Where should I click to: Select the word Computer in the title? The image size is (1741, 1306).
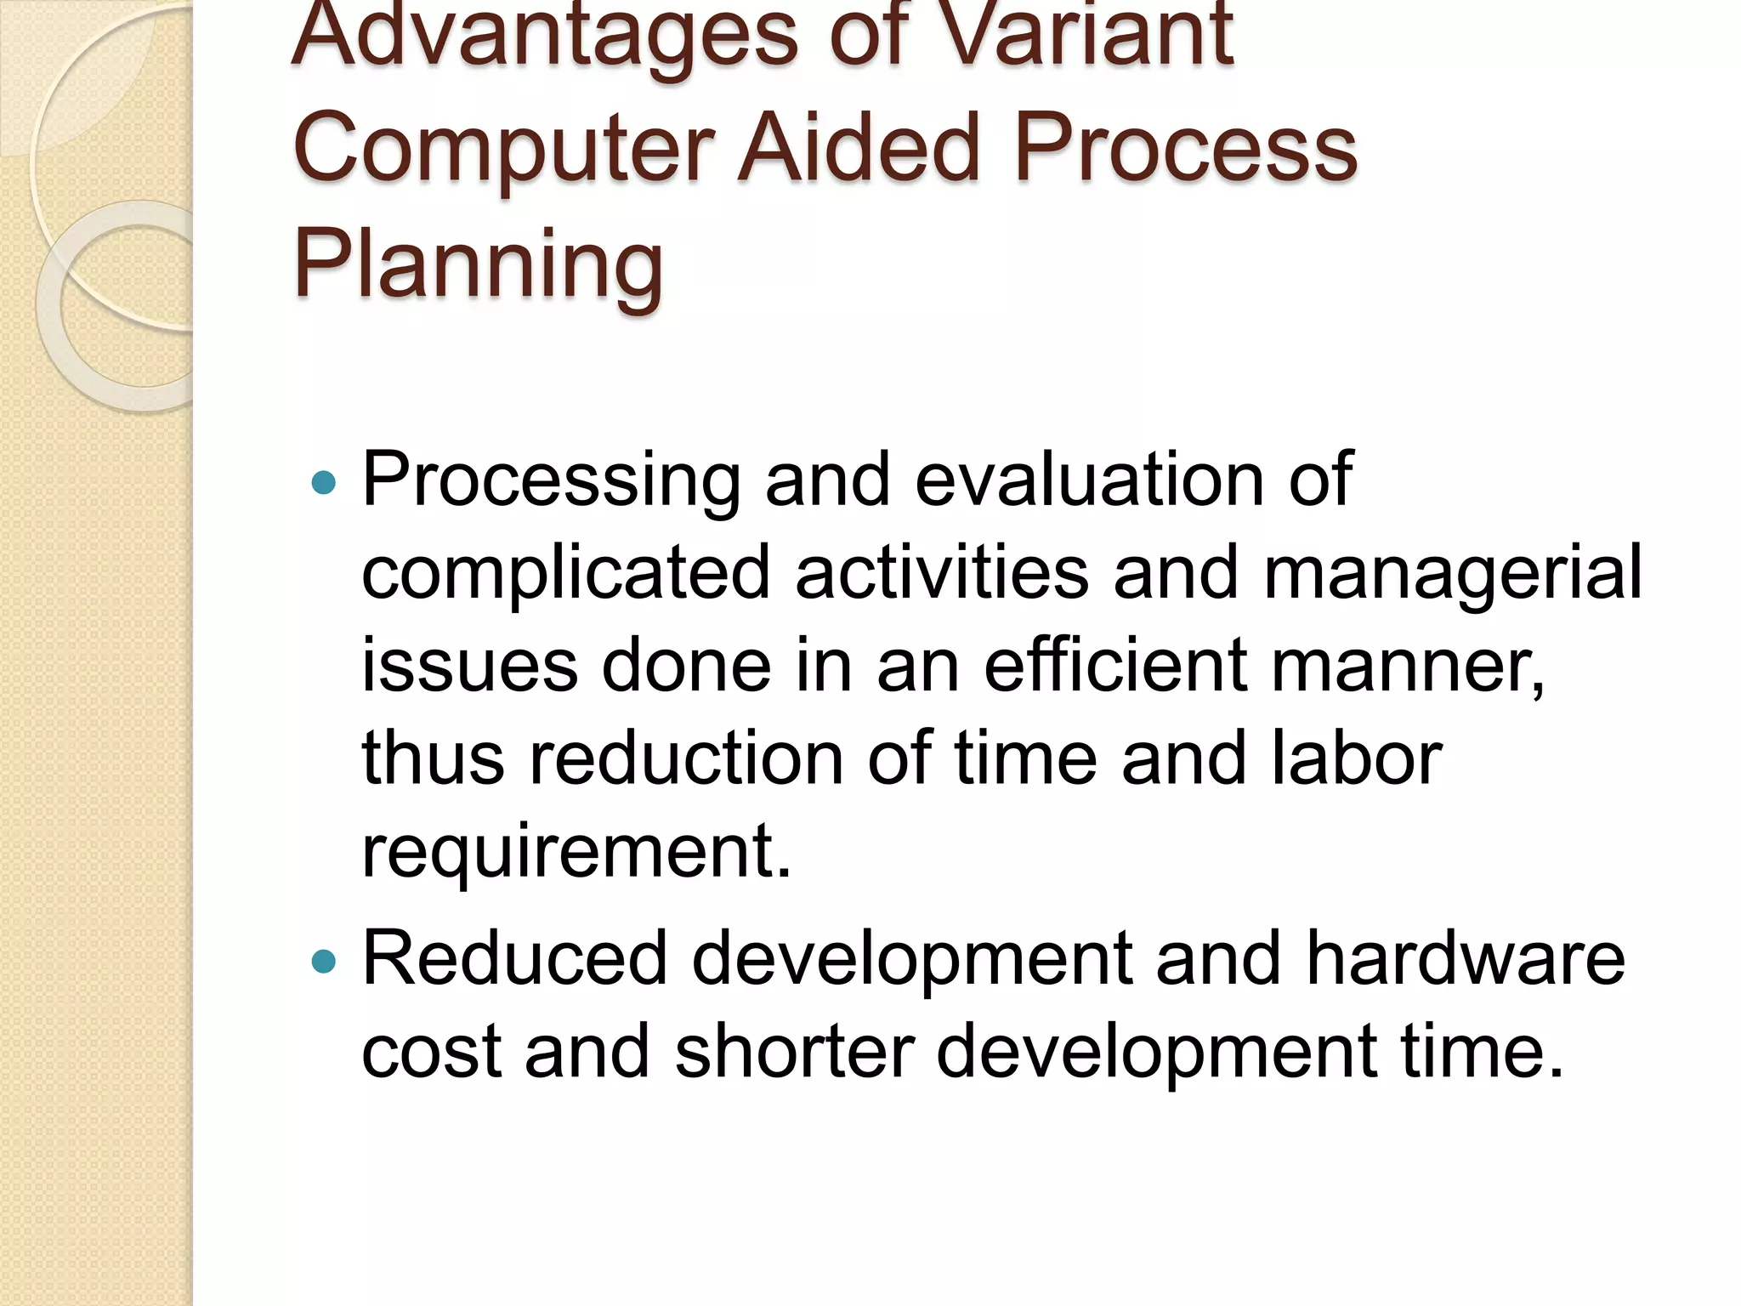[x=502, y=148]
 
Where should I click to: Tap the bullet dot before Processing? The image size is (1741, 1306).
[x=324, y=484]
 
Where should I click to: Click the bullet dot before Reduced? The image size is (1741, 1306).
[x=324, y=962]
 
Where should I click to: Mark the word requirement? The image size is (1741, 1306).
[x=576, y=852]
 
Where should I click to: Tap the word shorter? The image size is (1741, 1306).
[x=795, y=1051]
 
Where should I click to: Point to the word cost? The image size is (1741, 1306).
[x=431, y=1053]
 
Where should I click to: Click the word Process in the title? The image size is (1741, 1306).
[x=1185, y=148]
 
